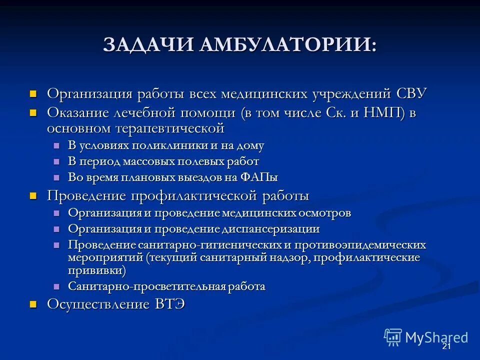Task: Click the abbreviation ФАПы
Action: coord(259,177)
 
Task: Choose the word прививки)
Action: coord(97,270)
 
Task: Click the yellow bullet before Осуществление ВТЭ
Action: coord(33,304)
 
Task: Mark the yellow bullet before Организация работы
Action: coord(33,93)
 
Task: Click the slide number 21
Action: coord(446,347)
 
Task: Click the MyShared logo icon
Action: coord(393,337)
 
